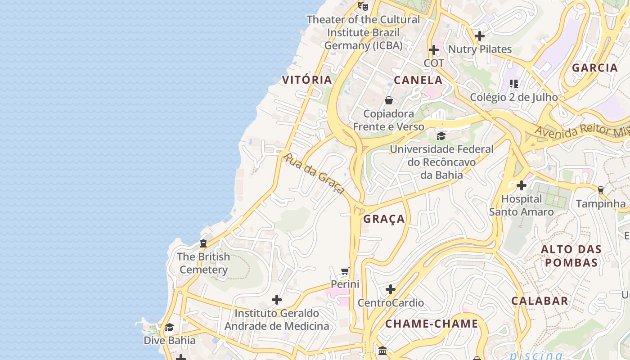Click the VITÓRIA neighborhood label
point(307,80)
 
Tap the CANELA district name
point(418,81)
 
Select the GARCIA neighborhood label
point(595,68)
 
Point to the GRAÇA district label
point(384,219)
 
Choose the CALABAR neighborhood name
point(540,301)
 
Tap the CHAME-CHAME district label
point(432,324)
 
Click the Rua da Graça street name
point(315,173)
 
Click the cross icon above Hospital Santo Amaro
point(522,185)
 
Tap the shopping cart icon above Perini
point(345,271)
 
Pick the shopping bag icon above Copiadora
point(389,100)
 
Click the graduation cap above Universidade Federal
point(441,136)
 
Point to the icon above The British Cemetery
point(203,243)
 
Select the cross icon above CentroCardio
point(391,289)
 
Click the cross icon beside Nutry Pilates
point(480,36)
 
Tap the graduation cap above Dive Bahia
point(169,327)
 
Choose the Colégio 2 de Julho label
point(514,97)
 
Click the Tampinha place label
point(601,203)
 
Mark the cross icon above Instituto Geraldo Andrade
point(277,300)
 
